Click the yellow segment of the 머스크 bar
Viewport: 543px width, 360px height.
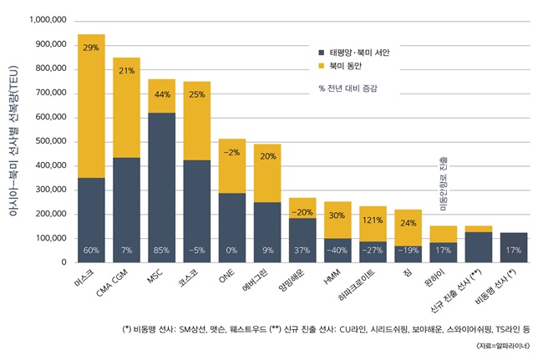(91, 109)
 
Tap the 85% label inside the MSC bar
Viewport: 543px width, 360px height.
(161, 250)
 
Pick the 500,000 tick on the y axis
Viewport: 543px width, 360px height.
(50, 141)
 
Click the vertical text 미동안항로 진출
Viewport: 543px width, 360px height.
(444, 183)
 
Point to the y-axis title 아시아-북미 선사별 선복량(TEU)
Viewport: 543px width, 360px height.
(12, 141)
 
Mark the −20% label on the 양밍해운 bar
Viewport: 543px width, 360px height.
(302, 212)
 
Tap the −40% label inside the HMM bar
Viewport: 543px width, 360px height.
(337, 250)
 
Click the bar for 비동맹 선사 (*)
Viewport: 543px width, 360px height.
(514, 247)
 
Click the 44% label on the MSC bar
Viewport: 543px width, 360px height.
(161, 94)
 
